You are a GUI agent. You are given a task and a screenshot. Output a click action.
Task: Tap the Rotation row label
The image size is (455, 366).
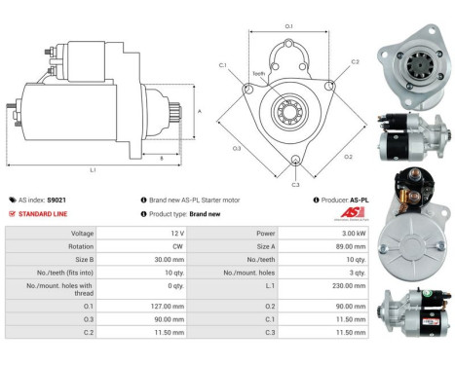[81, 247]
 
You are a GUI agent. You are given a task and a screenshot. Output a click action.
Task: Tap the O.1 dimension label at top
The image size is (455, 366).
[288, 25]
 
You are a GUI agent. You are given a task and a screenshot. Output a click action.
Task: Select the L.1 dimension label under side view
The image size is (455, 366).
[93, 171]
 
